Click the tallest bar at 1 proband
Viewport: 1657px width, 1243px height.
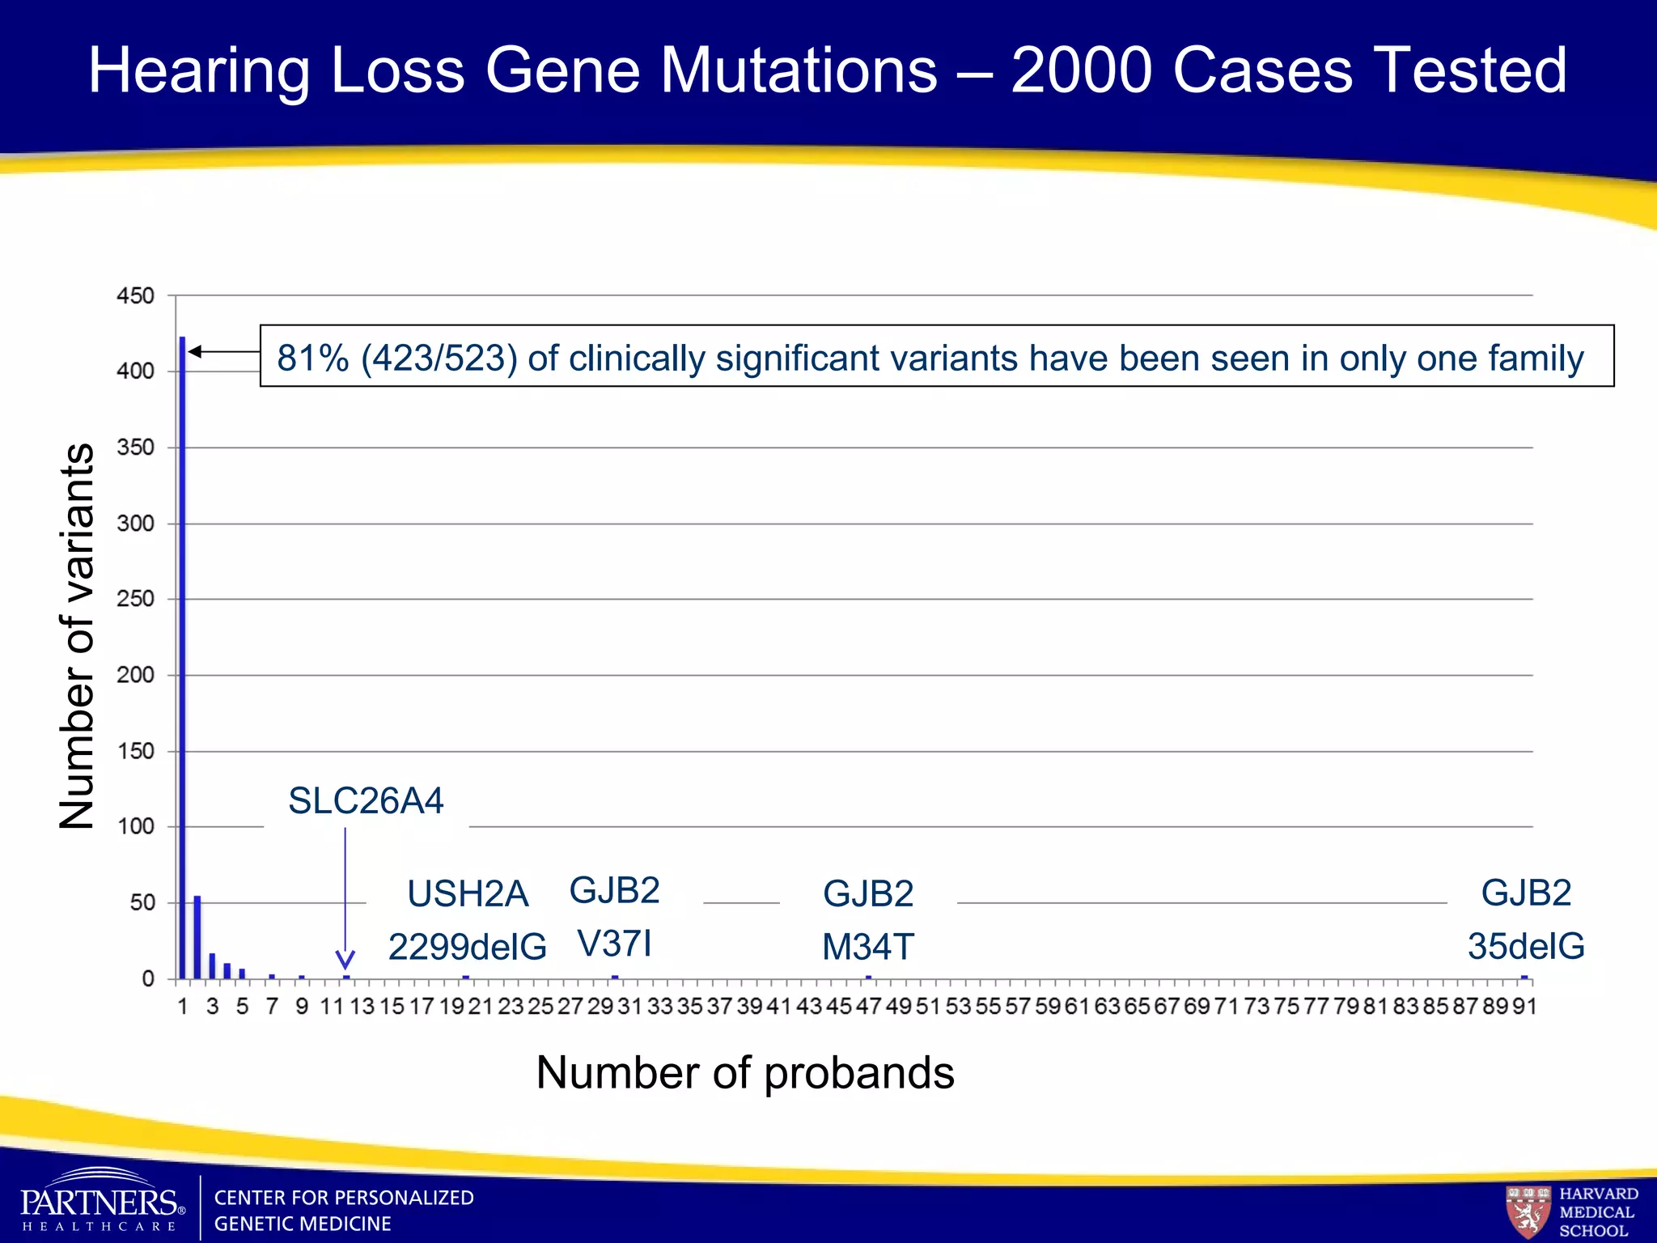click(183, 655)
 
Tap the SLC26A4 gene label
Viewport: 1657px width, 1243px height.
click(366, 801)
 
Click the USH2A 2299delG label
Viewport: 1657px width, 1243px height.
click(468, 920)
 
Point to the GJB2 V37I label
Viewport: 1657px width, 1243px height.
click(615, 917)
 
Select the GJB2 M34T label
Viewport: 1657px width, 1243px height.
click(868, 920)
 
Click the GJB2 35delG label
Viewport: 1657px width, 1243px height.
click(1526, 919)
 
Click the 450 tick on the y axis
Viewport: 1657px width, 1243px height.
click(135, 296)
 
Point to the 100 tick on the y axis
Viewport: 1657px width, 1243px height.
click(135, 827)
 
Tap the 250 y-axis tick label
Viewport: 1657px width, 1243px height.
click(135, 600)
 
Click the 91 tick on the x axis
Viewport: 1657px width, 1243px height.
click(1524, 1007)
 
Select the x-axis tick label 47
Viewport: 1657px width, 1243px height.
click(868, 1007)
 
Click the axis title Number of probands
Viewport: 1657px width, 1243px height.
click(745, 1073)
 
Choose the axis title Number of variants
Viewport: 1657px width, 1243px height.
click(78, 636)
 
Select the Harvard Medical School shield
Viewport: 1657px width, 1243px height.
click(1528, 1211)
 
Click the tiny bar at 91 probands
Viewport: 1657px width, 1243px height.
click(1524, 977)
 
